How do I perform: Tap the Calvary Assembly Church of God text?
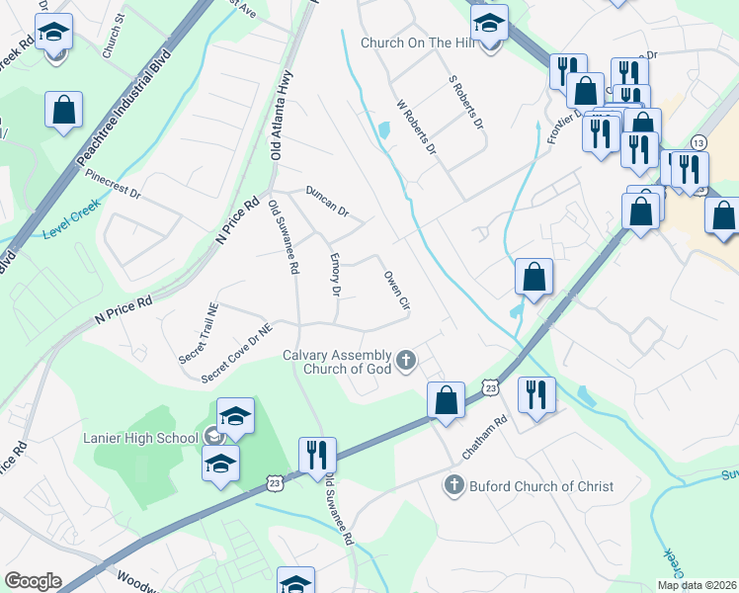pos(336,363)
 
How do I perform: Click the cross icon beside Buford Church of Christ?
pos(453,485)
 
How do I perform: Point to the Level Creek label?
pos(71,232)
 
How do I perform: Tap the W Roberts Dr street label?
pos(416,127)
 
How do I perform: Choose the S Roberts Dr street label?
pos(465,103)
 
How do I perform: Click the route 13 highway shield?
pos(698,142)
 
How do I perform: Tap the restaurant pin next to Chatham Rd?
pos(536,394)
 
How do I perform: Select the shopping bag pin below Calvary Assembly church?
pos(446,400)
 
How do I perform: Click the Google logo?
pos(33,581)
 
